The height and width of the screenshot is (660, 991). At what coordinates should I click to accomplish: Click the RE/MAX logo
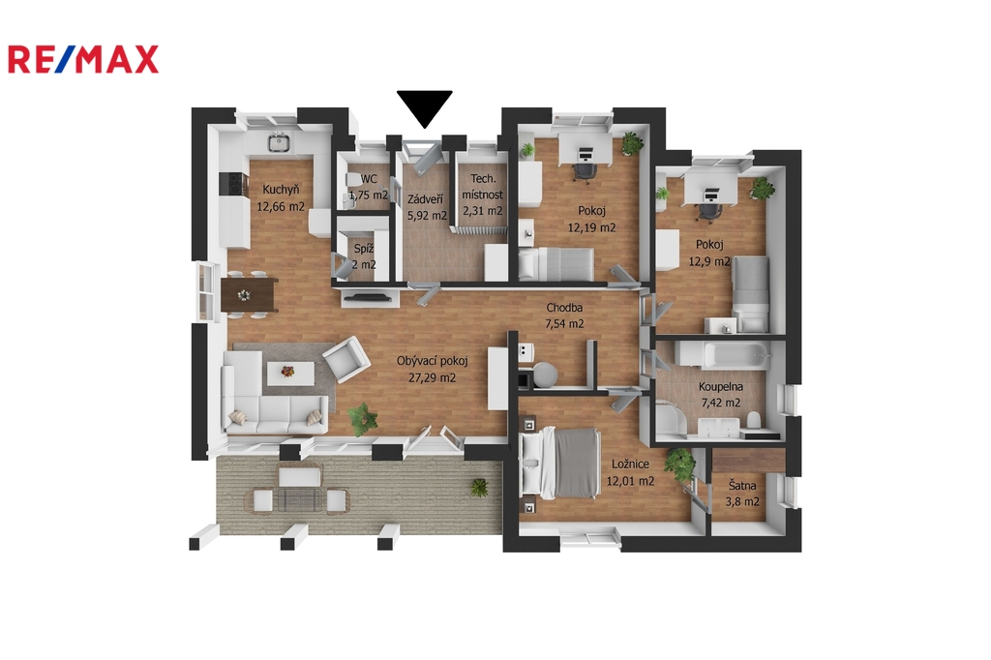click(x=83, y=59)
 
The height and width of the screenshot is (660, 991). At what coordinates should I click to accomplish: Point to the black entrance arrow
click(x=425, y=108)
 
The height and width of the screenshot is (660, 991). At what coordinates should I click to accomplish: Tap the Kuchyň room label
click(x=281, y=189)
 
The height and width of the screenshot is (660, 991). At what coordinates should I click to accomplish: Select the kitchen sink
click(x=278, y=142)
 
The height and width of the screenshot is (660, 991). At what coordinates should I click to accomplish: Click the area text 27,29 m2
click(x=432, y=378)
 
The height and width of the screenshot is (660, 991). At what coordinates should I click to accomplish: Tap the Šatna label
click(x=742, y=486)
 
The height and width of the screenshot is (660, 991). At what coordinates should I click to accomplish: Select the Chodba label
click(x=564, y=308)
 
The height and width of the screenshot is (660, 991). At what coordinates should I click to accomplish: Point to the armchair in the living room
click(x=347, y=358)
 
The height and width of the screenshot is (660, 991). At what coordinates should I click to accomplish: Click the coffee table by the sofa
click(x=290, y=373)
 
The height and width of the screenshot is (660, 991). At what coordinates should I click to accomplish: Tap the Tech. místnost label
click(x=483, y=187)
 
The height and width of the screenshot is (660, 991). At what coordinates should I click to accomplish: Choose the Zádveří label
click(x=425, y=199)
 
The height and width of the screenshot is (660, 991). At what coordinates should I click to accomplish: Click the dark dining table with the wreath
click(x=249, y=295)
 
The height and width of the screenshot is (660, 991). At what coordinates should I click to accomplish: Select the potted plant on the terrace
click(x=479, y=487)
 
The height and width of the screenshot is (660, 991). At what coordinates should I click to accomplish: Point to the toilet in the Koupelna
click(x=753, y=419)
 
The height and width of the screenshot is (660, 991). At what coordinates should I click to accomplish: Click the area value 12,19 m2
click(x=591, y=227)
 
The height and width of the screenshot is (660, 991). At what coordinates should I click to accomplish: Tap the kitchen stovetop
click(x=233, y=185)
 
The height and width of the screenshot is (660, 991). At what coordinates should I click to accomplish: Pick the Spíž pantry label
click(x=364, y=249)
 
